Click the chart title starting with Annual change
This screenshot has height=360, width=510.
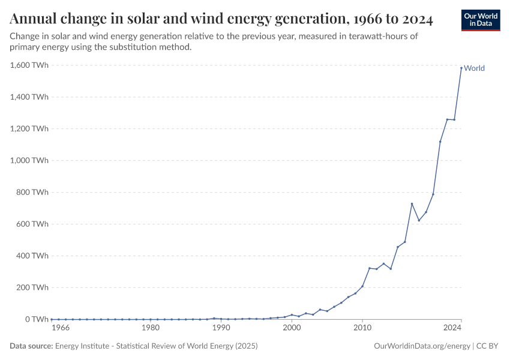click(x=221, y=19)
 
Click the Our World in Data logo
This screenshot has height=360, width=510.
click(x=480, y=20)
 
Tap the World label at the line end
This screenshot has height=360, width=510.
click(x=474, y=68)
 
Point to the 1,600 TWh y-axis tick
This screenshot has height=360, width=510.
click(x=29, y=65)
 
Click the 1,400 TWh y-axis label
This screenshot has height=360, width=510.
click(x=29, y=97)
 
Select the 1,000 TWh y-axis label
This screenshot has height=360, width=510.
click(x=29, y=160)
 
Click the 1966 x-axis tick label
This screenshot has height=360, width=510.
click(x=61, y=328)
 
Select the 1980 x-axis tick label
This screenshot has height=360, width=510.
click(x=150, y=328)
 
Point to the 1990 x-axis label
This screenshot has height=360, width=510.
click(x=221, y=328)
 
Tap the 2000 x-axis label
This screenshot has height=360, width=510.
click(x=292, y=328)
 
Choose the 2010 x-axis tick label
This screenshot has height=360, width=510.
click(x=362, y=328)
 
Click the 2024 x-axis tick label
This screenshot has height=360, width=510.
click(x=452, y=328)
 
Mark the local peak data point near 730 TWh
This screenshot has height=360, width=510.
click(x=412, y=204)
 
